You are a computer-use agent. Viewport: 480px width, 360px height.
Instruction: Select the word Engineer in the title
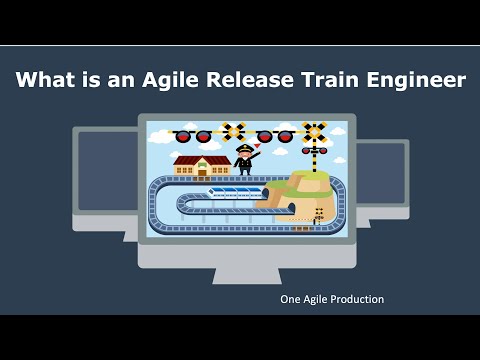tap(417, 81)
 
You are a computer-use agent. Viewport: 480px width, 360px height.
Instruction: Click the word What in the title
tap(50, 81)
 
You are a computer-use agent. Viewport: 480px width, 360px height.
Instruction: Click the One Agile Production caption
tap(333, 299)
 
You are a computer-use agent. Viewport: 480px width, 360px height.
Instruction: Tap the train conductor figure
tap(243, 161)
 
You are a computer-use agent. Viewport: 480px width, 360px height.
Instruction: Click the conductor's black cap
tap(243, 147)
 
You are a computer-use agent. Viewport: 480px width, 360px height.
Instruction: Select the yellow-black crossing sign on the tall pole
tap(315, 132)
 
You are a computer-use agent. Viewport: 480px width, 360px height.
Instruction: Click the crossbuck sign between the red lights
tap(236, 130)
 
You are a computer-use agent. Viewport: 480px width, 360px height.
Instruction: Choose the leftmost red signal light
tap(183, 136)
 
